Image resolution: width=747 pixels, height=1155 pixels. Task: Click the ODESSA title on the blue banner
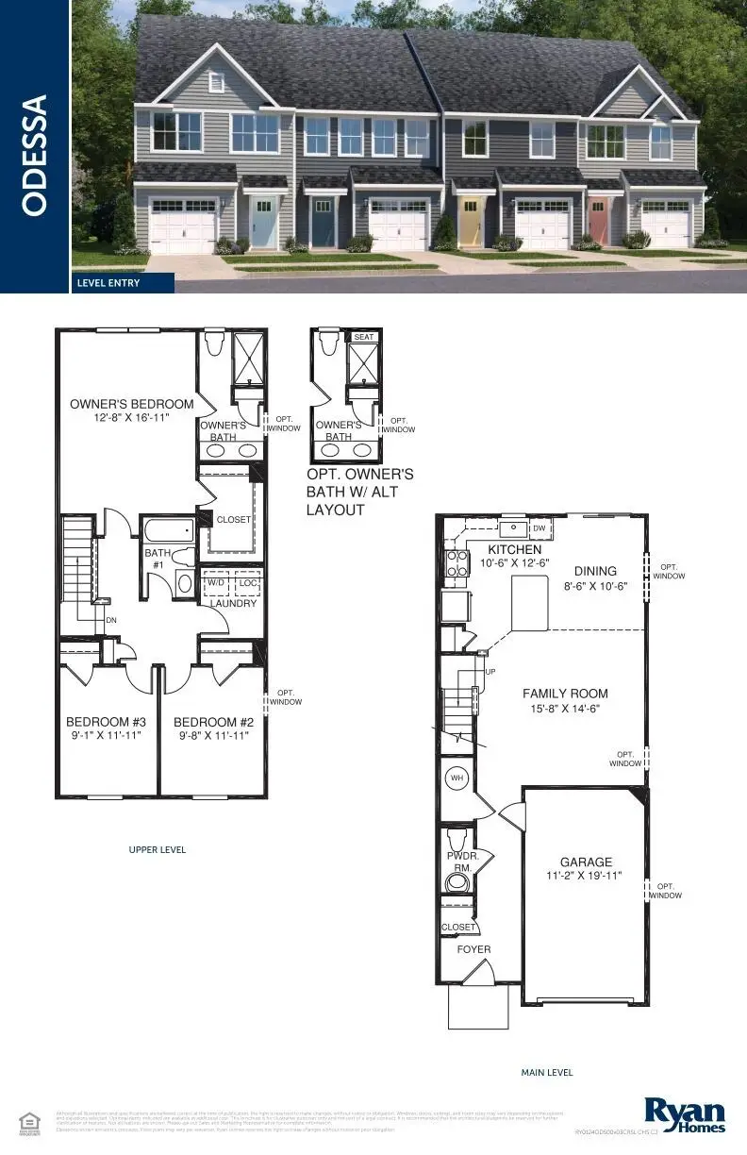[x=34, y=154]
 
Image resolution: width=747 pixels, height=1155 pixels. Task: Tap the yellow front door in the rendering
[x=470, y=223]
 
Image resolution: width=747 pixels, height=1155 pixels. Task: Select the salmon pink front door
[x=598, y=222]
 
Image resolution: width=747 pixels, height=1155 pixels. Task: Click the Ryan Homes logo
[x=685, y=1113]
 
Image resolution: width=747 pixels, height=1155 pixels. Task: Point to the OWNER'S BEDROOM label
[x=132, y=404]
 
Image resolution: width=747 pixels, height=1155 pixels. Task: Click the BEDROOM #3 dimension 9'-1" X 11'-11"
[x=103, y=734]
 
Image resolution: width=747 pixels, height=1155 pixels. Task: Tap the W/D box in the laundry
[x=214, y=583]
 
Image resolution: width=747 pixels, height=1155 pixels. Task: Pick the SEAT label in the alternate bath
[x=363, y=337]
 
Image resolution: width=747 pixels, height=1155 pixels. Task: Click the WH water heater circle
[x=457, y=778]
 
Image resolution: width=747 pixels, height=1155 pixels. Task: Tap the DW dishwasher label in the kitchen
[x=539, y=528]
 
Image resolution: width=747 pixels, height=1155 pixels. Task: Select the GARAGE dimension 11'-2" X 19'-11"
[x=586, y=876]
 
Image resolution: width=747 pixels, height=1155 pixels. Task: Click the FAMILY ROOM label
[x=566, y=694]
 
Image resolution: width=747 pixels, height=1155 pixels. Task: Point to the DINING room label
[x=595, y=571]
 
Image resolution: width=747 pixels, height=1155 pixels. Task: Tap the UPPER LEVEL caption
[x=158, y=849]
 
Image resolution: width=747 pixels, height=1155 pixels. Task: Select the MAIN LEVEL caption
[x=547, y=1072]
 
